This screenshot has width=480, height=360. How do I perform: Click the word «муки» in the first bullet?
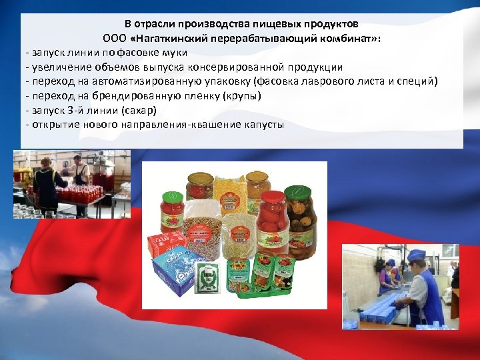[x=175, y=52]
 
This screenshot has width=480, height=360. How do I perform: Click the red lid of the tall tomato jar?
[x=273, y=197]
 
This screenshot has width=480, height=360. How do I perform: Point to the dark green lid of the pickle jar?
[x=297, y=191]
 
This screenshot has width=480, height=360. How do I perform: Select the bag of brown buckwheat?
[x=201, y=230]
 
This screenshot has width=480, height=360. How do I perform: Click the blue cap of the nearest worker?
[x=416, y=255]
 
